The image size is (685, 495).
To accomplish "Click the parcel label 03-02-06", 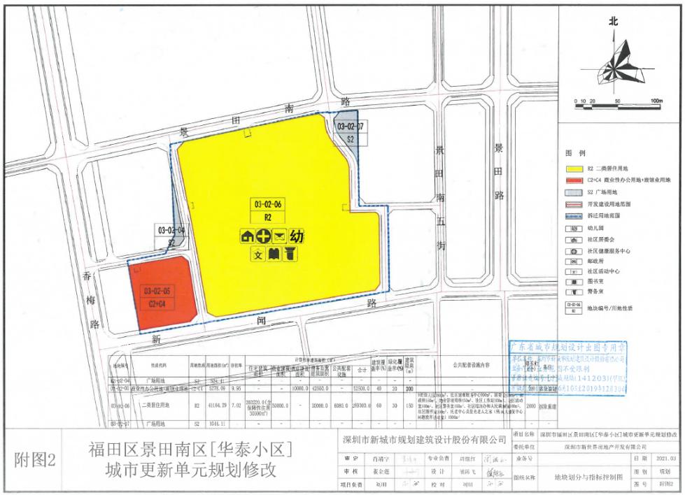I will [269, 204].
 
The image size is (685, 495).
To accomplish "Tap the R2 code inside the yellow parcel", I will [268, 217].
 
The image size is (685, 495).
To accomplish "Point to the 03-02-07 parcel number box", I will [351, 127].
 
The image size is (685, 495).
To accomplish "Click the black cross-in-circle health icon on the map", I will [264, 236].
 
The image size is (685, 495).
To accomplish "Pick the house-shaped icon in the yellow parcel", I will [247, 236].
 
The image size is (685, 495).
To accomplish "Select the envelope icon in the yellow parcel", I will [280, 236].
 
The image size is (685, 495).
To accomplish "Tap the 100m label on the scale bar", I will [655, 102].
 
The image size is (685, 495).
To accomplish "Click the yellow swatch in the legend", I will [573, 168].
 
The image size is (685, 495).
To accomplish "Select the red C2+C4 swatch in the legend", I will [573, 180].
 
